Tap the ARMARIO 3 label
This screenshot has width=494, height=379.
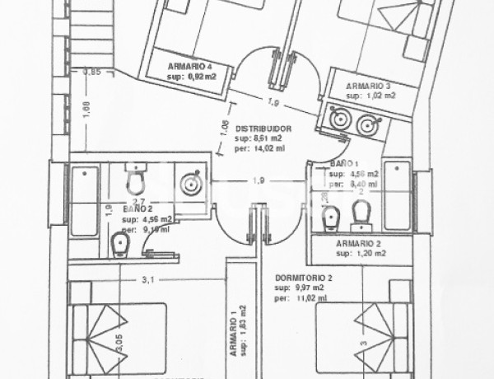click(x=369, y=85)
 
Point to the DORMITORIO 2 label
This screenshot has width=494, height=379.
click(x=305, y=278)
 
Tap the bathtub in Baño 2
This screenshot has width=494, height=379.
click(x=85, y=201)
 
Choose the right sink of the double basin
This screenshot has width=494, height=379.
click(x=367, y=123)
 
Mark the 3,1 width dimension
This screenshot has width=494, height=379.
click(x=148, y=280)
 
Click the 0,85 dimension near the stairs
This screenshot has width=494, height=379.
click(x=91, y=73)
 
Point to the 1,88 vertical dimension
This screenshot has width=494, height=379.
click(x=86, y=105)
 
